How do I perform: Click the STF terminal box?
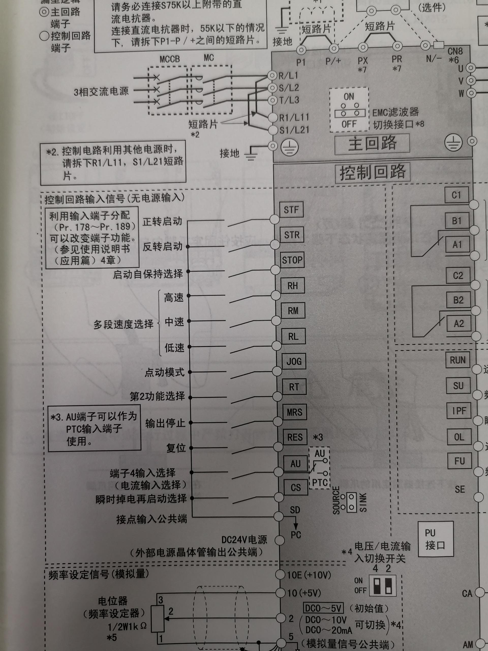[x=291, y=210]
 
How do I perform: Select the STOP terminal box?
[x=292, y=260]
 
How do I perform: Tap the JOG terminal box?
[x=294, y=361]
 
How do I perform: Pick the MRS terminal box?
[x=294, y=412]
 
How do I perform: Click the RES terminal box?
[x=295, y=437]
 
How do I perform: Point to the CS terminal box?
[x=296, y=488]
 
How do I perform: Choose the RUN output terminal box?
[x=457, y=360]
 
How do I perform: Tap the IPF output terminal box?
[x=459, y=410]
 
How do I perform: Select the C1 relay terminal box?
[x=456, y=195]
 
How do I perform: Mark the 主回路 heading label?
[x=372, y=144]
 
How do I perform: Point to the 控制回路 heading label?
[x=372, y=172]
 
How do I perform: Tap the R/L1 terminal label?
[x=288, y=76]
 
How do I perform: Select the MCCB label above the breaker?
[x=170, y=59]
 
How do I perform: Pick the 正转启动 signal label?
[x=162, y=221]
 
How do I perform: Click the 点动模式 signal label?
[x=164, y=372]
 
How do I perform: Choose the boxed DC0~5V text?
[x=323, y=608]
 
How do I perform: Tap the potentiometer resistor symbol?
[x=158, y=619]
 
